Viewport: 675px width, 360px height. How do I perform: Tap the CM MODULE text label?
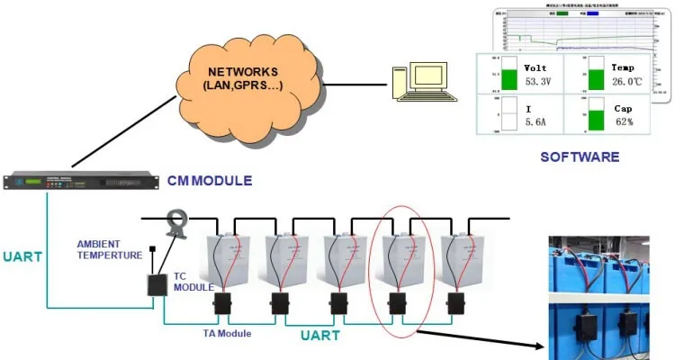209,181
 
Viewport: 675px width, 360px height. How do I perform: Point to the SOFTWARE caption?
580,157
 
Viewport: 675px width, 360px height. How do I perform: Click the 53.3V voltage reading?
537,82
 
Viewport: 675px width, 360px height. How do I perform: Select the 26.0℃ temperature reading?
626,82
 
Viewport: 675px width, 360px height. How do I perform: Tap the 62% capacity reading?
624,121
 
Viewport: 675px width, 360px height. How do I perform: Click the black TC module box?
159,283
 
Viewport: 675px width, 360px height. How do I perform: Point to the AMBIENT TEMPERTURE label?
110,249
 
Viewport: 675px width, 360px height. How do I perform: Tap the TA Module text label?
227,333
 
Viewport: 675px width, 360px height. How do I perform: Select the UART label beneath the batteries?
319,336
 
